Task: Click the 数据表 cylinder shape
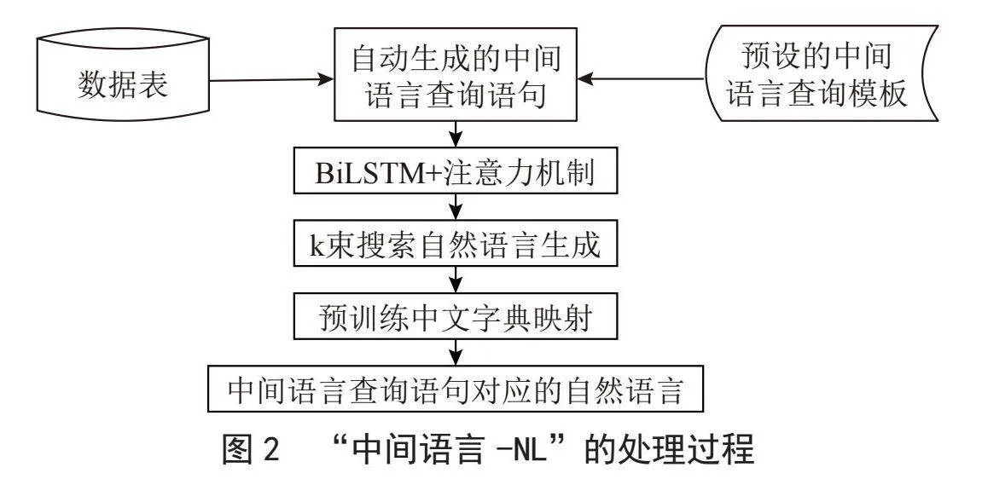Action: tap(123, 75)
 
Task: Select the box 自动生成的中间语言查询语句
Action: tap(456, 74)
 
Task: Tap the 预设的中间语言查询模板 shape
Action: tap(821, 73)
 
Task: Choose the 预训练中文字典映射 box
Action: tap(456, 320)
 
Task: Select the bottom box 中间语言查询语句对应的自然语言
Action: tap(456, 392)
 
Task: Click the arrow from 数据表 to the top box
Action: tap(271, 80)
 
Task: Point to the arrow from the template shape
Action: tap(641, 79)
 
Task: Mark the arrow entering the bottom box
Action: tap(456, 356)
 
